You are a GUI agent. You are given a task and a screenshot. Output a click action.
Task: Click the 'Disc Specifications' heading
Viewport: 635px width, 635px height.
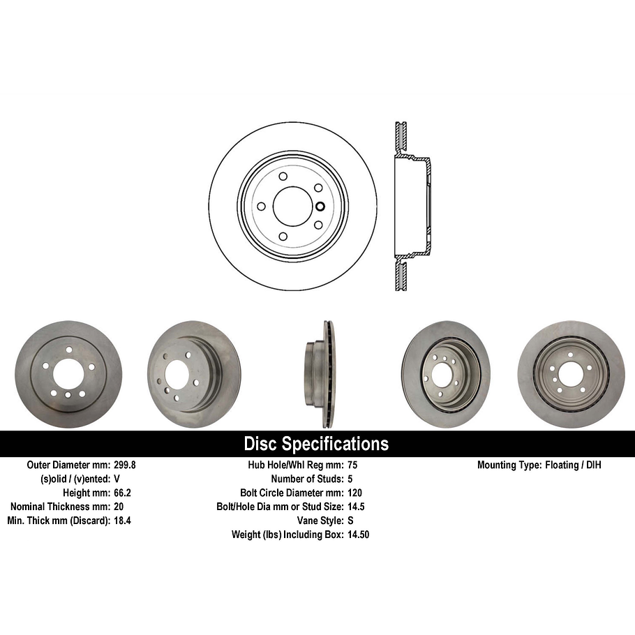316,444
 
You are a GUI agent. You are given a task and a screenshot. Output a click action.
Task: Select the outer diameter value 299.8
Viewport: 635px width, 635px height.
126,465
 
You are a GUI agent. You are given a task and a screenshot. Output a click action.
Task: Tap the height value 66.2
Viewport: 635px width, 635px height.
123,493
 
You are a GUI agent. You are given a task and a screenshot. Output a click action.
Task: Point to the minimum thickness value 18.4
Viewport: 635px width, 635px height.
123,521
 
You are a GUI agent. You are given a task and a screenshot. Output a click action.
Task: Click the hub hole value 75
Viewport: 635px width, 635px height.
352,465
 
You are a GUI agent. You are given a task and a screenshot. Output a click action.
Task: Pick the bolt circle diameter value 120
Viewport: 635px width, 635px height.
355,493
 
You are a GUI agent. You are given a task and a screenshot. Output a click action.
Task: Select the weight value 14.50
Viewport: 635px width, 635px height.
359,535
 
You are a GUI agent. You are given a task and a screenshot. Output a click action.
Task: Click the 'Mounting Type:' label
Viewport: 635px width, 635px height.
508,465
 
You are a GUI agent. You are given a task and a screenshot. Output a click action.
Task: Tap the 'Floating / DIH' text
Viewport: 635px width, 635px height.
572,465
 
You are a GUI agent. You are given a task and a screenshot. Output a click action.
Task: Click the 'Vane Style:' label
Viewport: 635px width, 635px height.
320,521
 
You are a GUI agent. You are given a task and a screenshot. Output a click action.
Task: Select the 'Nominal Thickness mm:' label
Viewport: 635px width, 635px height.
60,507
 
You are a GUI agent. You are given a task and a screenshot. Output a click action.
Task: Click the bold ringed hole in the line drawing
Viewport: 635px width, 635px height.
320,206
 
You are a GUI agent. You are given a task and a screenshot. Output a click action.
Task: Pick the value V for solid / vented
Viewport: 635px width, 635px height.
117,479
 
